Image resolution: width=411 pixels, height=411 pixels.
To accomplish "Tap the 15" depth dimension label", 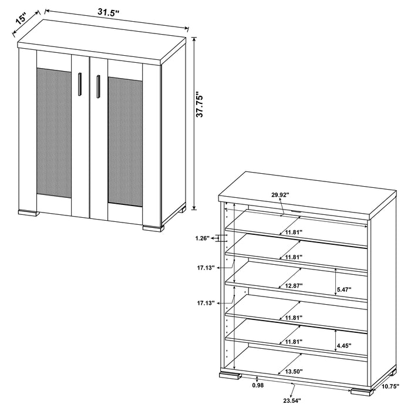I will (x=21, y=19).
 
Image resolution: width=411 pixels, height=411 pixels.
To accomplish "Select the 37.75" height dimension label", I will (x=200, y=105).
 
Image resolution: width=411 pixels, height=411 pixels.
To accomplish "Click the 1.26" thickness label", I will (x=203, y=238).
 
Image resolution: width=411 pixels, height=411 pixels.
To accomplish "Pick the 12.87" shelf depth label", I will (x=292, y=286).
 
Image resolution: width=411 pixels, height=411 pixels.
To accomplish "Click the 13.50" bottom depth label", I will (x=292, y=372).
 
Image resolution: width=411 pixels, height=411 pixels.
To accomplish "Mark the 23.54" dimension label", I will (x=292, y=402).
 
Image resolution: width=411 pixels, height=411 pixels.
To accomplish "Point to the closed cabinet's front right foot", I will (x=153, y=227).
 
